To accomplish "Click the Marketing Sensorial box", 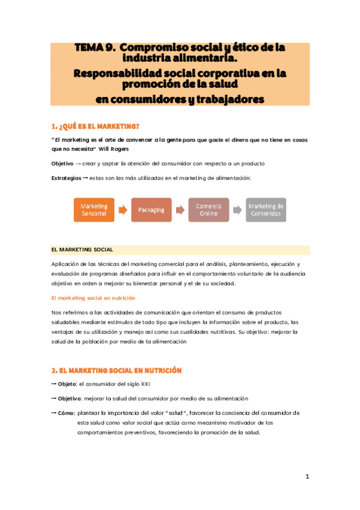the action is point(94,210).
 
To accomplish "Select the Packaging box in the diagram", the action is point(151,210).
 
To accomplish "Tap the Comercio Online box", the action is point(208,210).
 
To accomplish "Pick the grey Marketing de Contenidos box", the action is point(266,210).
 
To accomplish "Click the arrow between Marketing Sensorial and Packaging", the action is point(123,210).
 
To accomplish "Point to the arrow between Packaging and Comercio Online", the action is point(180,210).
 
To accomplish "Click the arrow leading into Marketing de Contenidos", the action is point(237,210).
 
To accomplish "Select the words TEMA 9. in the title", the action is point(93,46).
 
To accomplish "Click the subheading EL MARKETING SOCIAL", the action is point(82,250).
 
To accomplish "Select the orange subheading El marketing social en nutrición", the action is point(93,298).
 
